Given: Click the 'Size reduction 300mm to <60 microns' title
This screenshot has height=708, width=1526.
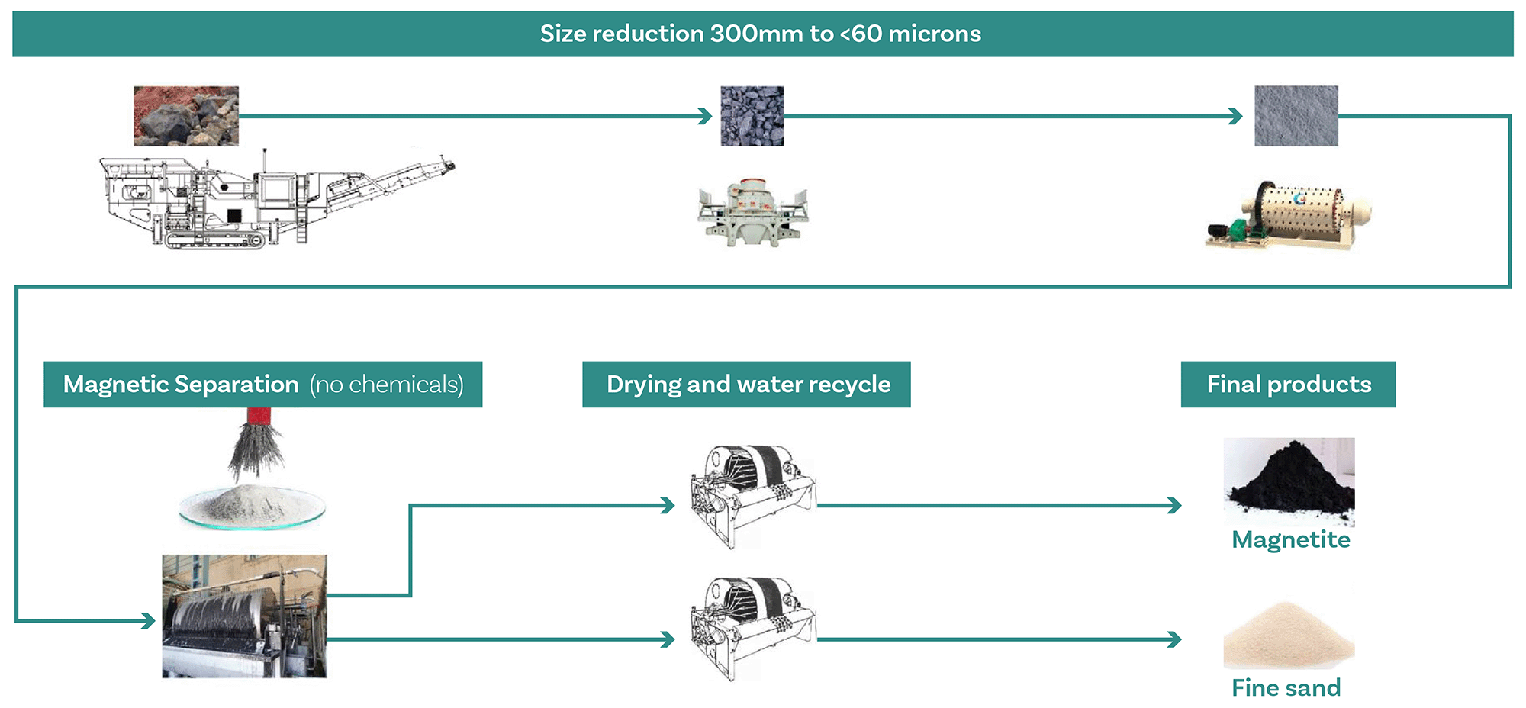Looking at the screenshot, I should point(760,34).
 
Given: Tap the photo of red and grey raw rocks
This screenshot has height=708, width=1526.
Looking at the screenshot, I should point(185,115).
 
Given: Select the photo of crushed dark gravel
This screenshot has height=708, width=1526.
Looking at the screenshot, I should point(752,116).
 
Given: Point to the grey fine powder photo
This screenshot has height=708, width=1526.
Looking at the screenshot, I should point(1296,116).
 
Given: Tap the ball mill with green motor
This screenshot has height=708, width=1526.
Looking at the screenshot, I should point(1288,215).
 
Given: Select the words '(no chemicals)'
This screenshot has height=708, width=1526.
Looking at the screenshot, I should point(387,385).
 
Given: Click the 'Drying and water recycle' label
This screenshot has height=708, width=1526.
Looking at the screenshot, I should point(747,385).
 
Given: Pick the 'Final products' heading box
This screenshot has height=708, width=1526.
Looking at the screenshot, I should point(1288,385).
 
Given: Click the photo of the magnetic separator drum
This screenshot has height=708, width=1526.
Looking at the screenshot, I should point(244,616).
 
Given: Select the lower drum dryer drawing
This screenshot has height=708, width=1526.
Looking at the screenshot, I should point(751,629).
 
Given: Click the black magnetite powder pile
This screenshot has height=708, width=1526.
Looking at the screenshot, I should point(1289,481).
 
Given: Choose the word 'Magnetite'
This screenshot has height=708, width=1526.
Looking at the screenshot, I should point(1290,540).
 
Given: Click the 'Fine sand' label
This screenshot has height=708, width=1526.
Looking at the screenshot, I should point(1286,687).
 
